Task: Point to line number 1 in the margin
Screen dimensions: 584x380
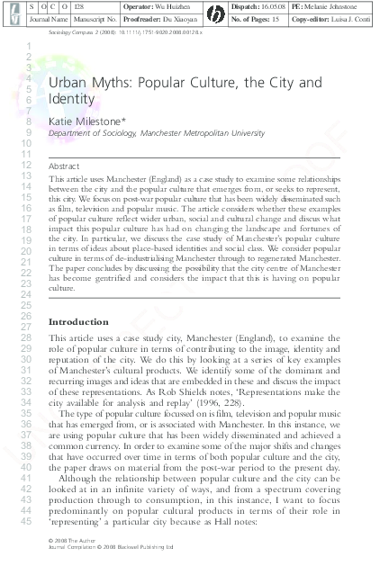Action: (x=30, y=46)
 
